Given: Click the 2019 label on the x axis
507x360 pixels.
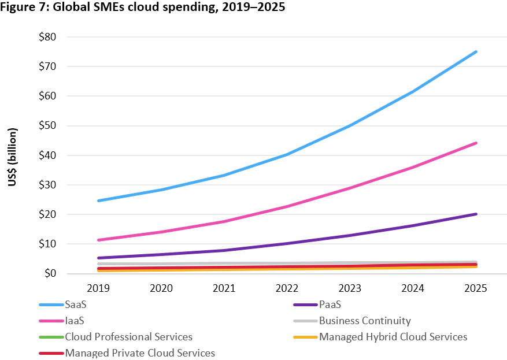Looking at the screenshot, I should click(x=99, y=288).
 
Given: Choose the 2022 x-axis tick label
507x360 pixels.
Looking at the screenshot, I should click(x=287, y=288).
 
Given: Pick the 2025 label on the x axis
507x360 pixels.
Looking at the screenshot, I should click(x=476, y=288).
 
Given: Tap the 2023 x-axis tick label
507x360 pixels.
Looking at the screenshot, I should click(x=350, y=288).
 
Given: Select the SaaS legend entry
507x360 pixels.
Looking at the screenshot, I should click(x=75, y=305).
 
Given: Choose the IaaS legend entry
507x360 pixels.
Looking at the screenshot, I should click(x=75, y=321).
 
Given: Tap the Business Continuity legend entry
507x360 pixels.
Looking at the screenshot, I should click(x=365, y=321).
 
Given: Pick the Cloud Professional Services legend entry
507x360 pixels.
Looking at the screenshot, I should click(x=128, y=336).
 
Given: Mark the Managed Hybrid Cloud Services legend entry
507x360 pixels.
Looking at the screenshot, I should click(x=393, y=336).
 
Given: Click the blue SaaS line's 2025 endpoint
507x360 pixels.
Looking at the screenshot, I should click(x=476, y=51).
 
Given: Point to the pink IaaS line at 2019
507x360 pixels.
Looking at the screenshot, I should click(x=99, y=240).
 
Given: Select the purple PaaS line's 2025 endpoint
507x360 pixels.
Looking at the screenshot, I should click(x=476, y=214).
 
